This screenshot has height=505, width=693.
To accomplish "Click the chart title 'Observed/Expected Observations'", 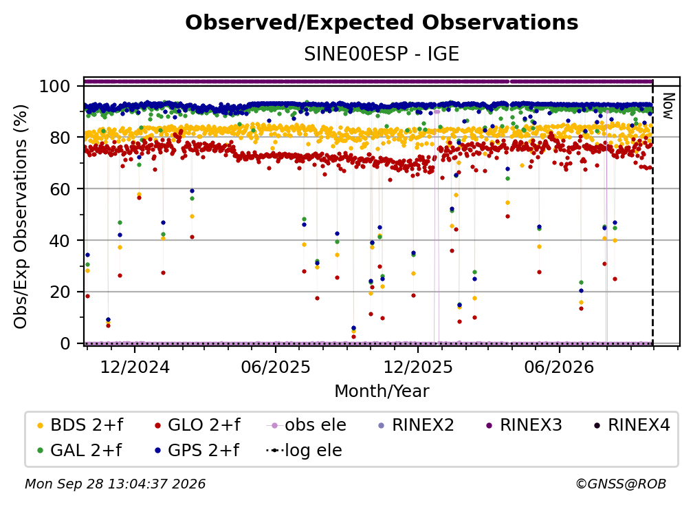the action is tap(382, 23).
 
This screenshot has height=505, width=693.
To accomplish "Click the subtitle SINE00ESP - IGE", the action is tap(382, 54).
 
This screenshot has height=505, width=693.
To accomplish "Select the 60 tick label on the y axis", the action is tap(60, 189).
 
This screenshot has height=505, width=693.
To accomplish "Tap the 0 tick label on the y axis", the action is tap(65, 343).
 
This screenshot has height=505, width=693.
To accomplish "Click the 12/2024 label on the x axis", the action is tap(135, 367).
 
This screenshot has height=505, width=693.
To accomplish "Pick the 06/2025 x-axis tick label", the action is tap(276, 367).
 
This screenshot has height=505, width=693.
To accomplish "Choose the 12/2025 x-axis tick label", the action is tap(418, 367).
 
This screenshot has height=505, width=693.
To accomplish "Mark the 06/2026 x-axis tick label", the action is tap(559, 367).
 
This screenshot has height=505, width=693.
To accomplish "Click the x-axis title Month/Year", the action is tap(382, 391).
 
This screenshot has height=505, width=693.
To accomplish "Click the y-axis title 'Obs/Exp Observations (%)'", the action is tap(21, 216).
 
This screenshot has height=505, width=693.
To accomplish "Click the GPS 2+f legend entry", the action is tap(197, 451).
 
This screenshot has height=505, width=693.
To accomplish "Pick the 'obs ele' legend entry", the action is tap(307, 425).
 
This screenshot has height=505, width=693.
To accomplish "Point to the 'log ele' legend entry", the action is tap(304, 451).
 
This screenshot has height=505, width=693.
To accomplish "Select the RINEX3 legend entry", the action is tap(524, 425).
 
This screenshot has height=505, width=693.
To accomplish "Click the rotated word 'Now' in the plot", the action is tap(668, 106).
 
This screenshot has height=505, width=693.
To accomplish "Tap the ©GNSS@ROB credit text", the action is tap(621, 484).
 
